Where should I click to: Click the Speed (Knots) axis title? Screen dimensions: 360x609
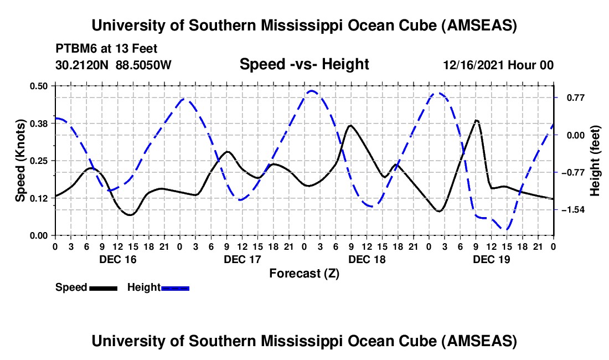[20, 161]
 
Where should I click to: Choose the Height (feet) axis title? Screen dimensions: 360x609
[595, 161]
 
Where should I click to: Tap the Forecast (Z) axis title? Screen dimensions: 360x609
[304, 273]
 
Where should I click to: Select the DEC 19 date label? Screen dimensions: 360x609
[491, 259]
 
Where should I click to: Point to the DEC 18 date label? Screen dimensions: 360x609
[367, 259]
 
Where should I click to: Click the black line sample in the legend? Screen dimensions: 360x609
[102, 287]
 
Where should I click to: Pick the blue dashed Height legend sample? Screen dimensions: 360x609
[175, 287]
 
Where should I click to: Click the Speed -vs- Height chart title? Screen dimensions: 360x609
[304, 65]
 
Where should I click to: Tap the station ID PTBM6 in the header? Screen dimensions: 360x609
[74, 48]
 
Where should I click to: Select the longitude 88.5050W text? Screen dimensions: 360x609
[144, 65]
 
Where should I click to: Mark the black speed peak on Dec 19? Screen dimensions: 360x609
[476, 120]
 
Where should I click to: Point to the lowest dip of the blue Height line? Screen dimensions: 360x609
[505, 229]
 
